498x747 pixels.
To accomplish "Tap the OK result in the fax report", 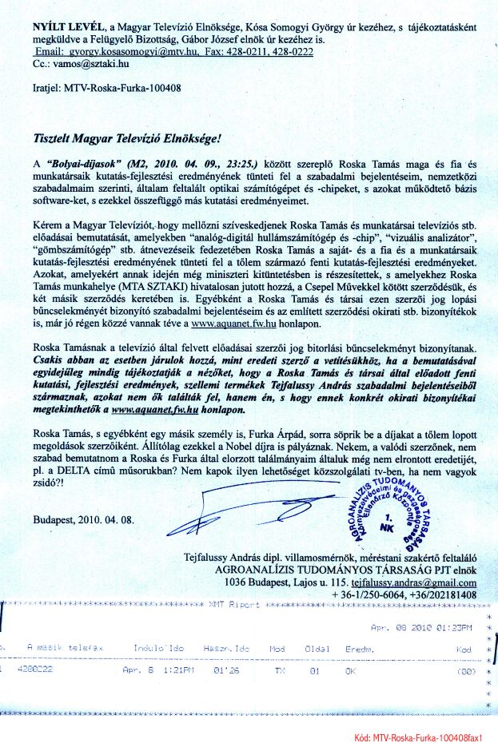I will point(349,672).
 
